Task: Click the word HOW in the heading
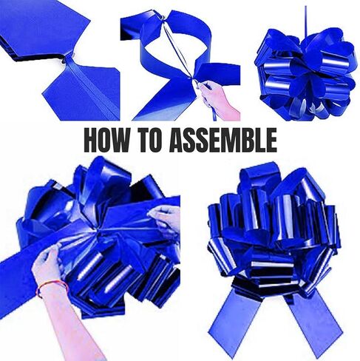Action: click(106, 140)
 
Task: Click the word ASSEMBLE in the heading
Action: click(223, 140)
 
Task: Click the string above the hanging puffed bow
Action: click(306, 21)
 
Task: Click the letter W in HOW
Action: click(120, 140)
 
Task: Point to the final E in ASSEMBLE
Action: click(271, 140)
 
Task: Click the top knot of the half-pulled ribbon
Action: click(161, 18)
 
